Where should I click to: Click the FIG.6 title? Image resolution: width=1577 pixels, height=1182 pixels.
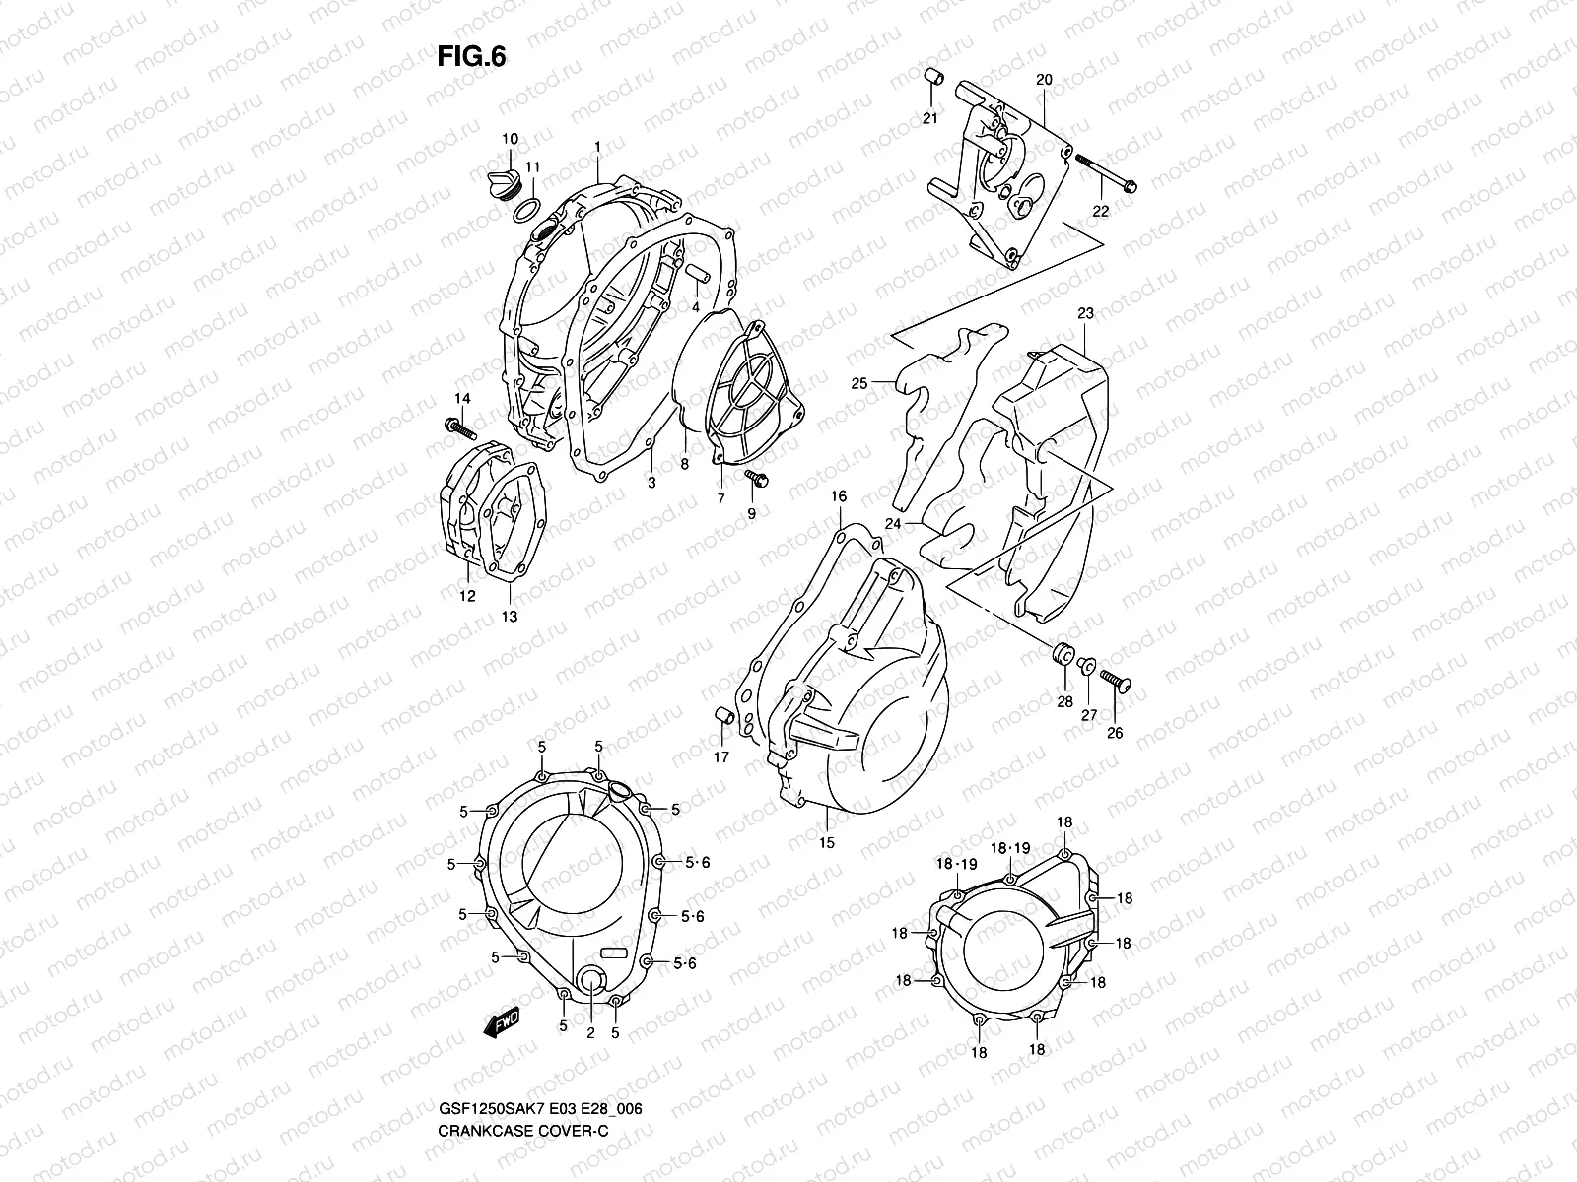point(471,57)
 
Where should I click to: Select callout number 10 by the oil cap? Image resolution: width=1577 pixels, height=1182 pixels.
point(510,139)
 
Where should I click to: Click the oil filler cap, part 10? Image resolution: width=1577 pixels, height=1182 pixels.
point(503,184)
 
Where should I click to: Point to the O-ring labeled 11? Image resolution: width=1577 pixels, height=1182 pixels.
point(527,209)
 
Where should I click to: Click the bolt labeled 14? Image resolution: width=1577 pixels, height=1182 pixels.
point(458,429)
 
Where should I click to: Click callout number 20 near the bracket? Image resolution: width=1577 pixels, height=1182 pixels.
point(1045,80)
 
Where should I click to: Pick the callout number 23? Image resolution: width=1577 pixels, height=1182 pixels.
point(1085,314)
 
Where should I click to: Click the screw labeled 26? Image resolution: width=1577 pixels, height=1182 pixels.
point(1117,681)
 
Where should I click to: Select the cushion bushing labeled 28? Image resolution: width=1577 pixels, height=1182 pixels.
point(1063,653)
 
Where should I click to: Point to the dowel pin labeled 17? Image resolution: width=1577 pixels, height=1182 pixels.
point(721,714)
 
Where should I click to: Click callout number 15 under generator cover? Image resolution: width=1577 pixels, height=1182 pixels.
point(826,842)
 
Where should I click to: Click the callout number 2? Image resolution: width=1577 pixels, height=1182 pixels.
point(589,1032)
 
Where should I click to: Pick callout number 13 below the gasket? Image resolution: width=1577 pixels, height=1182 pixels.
point(510,617)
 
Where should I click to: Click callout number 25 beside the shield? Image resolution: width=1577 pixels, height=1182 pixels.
point(859,383)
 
